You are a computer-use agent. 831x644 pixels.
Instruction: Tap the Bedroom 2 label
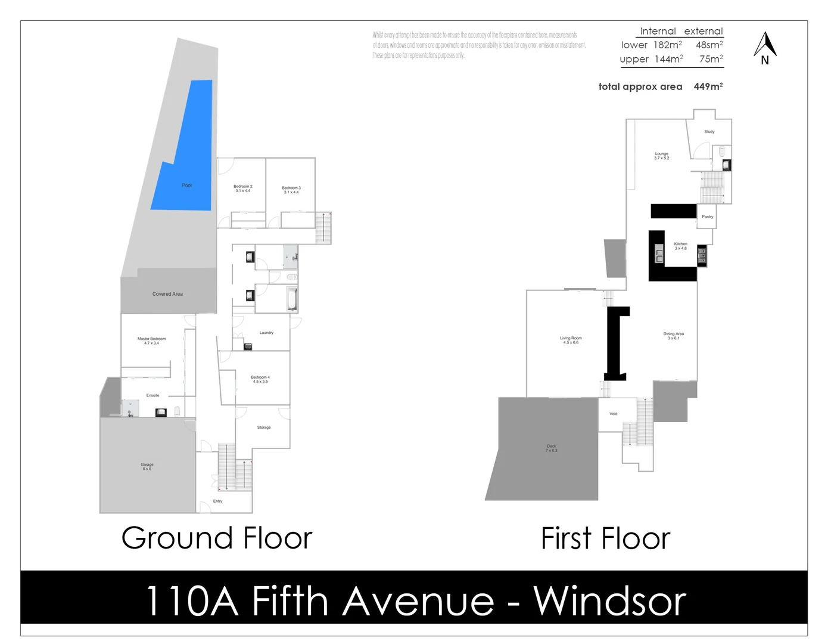(242, 188)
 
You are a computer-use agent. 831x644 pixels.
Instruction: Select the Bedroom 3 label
(291, 189)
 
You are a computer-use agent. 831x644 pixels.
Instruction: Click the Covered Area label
(167, 294)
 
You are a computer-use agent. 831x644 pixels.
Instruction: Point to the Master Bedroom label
(151, 340)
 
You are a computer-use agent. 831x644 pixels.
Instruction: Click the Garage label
(147, 466)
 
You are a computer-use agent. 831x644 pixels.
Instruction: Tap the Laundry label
(266, 333)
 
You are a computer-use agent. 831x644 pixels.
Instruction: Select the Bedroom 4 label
(260, 379)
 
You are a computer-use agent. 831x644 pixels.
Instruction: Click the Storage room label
(264, 428)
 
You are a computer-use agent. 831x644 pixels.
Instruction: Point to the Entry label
(217, 501)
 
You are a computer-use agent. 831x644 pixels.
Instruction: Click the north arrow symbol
(765, 48)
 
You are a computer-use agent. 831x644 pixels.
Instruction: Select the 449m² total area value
(708, 86)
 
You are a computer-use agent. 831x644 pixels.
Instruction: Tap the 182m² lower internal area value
(667, 45)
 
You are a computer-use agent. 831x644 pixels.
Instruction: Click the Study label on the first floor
(709, 132)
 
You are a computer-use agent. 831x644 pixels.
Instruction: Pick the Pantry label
(707, 217)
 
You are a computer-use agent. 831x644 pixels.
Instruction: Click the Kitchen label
(680, 245)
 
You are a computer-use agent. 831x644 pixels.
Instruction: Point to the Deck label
(551, 448)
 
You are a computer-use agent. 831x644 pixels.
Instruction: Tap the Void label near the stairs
(613, 414)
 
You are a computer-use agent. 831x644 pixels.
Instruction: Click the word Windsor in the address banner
(609, 601)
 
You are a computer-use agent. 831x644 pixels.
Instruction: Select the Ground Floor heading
(217, 538)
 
